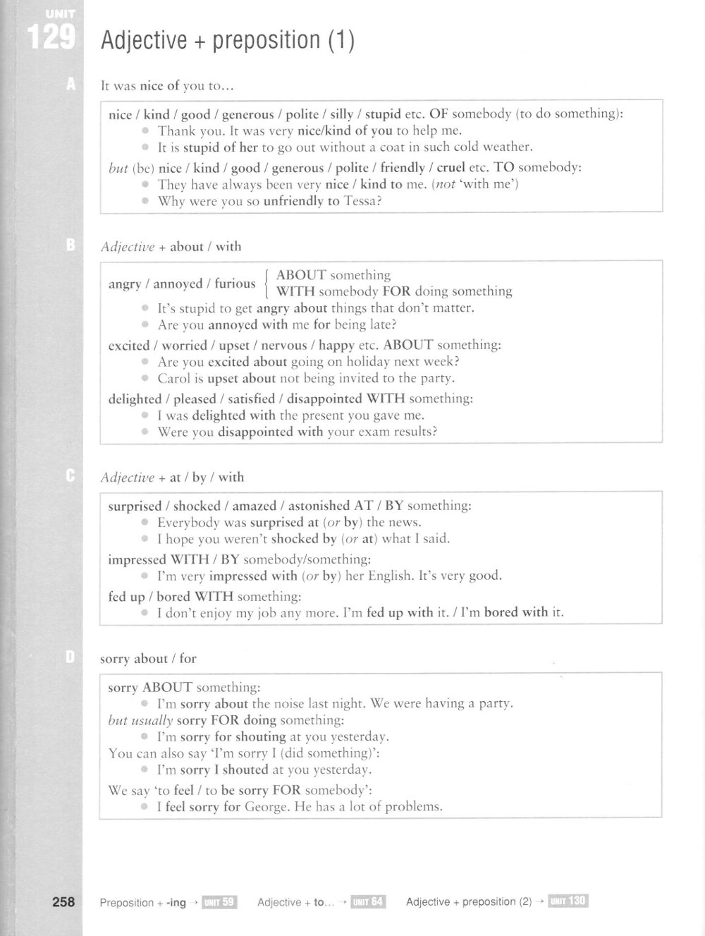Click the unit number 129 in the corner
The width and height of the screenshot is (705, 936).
[51, 37]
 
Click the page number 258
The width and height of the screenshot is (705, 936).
[63, 901]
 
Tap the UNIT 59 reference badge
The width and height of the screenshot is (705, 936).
[219, 901]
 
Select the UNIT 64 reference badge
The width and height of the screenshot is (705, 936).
[368, 901]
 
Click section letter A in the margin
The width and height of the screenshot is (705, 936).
[70, 85]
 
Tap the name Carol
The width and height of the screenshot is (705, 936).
[175, 378]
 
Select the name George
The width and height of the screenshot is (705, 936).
[266, 806]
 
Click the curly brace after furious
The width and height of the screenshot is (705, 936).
[266, 283]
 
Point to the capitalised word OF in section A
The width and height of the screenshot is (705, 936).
[439, 114]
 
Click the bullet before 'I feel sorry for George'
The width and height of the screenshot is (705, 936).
[145, 806]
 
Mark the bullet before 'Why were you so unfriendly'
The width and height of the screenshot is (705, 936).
[145, 201]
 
